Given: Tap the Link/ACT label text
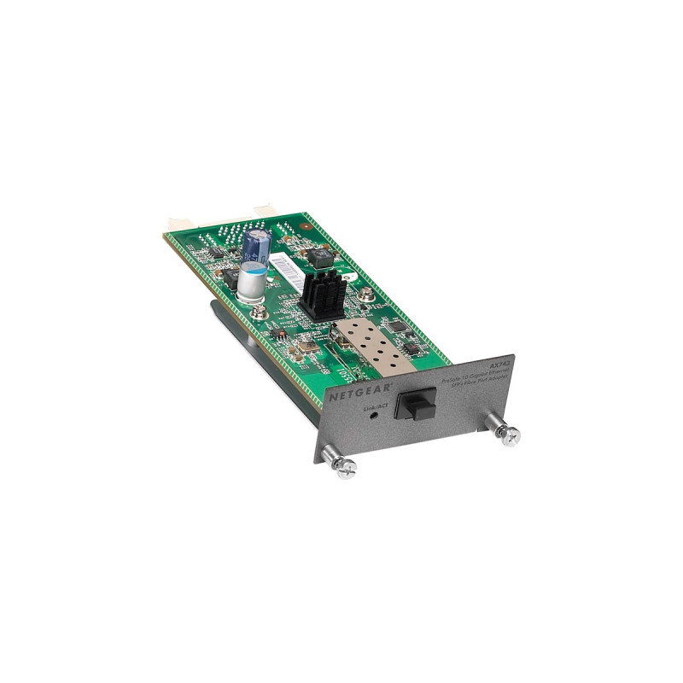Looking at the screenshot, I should [x=377, y=411].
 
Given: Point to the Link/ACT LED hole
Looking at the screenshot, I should [x=378, y=422].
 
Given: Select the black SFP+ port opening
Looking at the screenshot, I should [x=415, y=401].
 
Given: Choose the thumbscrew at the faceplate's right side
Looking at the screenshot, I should [x=510, y=436].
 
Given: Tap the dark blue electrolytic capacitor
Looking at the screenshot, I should [x=257, y=243].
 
